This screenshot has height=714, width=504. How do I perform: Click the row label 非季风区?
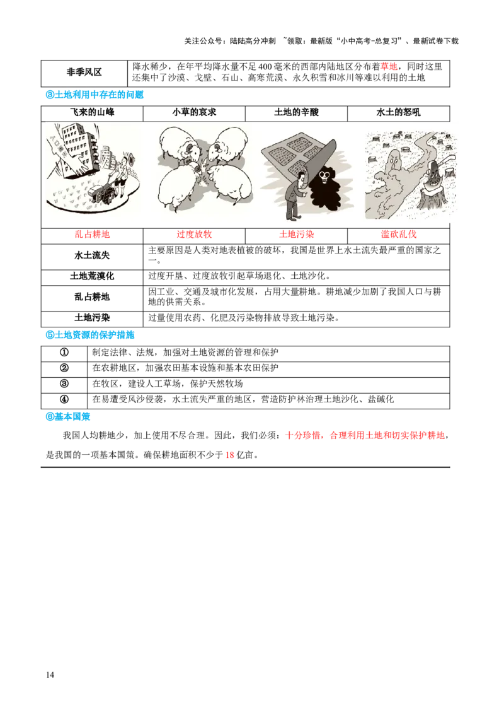coord(84,73)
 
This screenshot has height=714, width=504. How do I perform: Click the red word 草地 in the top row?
coord(389,67)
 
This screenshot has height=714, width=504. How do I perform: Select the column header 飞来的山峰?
coord(92,112)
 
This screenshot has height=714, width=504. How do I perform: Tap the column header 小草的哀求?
coord(194,112)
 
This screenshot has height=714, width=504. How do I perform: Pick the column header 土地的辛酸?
coord(296,112)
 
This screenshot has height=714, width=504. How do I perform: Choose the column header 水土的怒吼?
coord(398,112)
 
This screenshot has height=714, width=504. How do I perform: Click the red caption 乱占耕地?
coord(92,235)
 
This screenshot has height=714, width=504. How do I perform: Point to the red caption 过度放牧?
coord(194,235)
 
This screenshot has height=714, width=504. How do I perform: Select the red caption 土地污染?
coord(296,235)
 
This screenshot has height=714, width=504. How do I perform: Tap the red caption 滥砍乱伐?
coord(398,235)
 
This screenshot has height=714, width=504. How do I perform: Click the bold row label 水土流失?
coord(92,255)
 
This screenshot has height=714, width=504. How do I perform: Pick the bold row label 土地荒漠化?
coord(92,276)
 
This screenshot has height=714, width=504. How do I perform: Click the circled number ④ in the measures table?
coord(64,399)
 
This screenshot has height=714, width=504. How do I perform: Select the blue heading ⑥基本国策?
coord(68,417)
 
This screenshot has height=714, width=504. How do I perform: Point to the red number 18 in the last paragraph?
coord(230,455)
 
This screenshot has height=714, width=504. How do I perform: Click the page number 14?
coord(50,675)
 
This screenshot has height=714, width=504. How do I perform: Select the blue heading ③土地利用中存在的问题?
coord(94,95)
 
